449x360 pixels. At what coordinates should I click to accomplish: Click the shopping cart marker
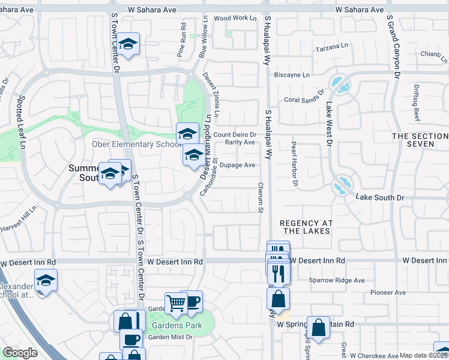point(176,304)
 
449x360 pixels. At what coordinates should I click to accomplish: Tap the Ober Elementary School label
point(136,144)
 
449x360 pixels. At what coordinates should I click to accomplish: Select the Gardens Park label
point(175,325)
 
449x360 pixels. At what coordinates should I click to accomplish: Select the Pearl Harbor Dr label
point(294,163)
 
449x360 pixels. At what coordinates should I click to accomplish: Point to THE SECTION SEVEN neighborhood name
point(420,140)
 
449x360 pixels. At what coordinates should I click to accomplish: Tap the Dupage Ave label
point(238,165)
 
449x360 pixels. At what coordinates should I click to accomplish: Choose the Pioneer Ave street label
point(389,293)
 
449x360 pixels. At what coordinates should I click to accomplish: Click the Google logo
point(20,353)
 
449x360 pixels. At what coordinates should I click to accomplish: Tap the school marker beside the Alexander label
point(46,281)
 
